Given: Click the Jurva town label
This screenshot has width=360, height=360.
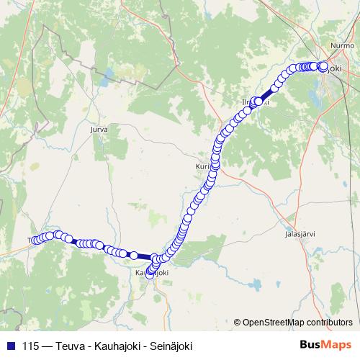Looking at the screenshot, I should pos(99,130).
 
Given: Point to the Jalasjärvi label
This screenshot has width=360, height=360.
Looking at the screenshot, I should pos(300,234).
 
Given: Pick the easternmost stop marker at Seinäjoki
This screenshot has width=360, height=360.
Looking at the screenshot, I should pos(323,66).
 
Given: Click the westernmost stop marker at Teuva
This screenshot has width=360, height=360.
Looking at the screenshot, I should pos(32,240).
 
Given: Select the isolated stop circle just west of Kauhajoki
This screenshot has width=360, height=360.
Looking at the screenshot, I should pos(133,255).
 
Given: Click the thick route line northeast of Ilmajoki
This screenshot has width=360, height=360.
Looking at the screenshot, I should pos(268,92).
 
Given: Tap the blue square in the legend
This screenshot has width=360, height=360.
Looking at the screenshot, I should pos(10,345).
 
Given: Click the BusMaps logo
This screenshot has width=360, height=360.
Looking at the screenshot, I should pos(325,345).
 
